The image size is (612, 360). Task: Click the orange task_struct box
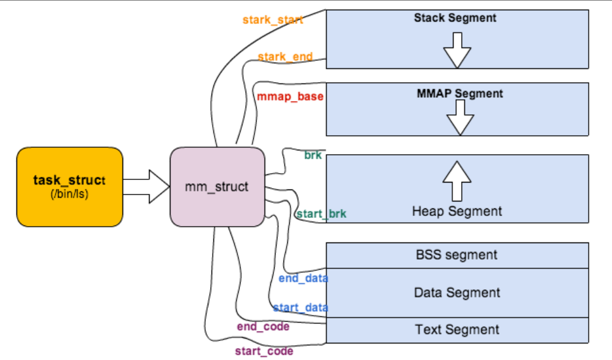click(x=70, y=187)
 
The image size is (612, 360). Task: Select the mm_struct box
click(x=217, y=187)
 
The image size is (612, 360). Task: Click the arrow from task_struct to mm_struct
click(x=147, y=187)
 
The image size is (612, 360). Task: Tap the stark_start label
click(x=273, y=20)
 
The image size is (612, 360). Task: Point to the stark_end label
click(x=285, y=57)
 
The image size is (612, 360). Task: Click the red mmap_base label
click(x=290, y=97)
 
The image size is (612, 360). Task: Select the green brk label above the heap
click(x=313, y=155)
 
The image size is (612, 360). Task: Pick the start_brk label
click(x=321, y=214)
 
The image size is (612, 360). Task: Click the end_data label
click(x=303, y=279)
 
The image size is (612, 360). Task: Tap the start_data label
click(x=301, y=308)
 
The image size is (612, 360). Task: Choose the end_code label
click(x=263, y=327)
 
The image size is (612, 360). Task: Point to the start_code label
click(x=264, y=351)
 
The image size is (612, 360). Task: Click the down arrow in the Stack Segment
click(x=457, y=51)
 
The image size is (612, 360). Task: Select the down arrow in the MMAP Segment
click(x=460, y=117)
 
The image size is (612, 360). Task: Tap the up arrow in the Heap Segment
click(x=457, y=181)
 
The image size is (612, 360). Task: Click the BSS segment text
click(x=457, y=255)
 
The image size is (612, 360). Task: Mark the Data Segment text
click(x=457, y=293)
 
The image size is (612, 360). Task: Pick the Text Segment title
click(x=457, y=330)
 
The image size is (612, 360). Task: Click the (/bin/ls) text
click(x=69, y=194)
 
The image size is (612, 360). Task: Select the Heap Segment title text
click(x=457, y=212)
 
